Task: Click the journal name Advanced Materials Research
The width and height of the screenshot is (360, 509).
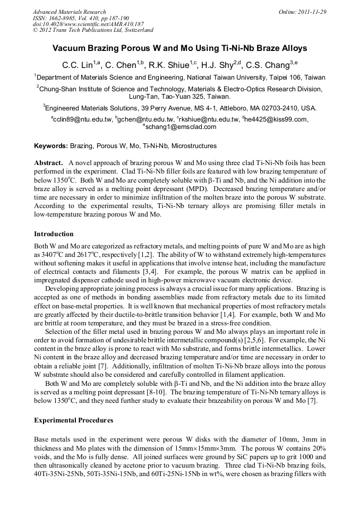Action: (x=69, y=12)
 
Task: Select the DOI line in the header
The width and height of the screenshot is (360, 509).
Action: (x=88, y=24)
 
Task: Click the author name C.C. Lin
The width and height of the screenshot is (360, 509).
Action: (x=77, y=65)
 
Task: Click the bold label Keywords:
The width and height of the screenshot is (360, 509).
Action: (x=51, y=146)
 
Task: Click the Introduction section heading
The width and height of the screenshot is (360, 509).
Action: (x=54, y=234)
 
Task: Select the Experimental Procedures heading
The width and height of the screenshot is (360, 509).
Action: (x=74, y=420)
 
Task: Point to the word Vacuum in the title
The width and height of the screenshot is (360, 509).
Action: (x=70, y=48)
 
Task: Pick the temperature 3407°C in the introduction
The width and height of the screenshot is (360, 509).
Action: (x=54, y=254)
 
